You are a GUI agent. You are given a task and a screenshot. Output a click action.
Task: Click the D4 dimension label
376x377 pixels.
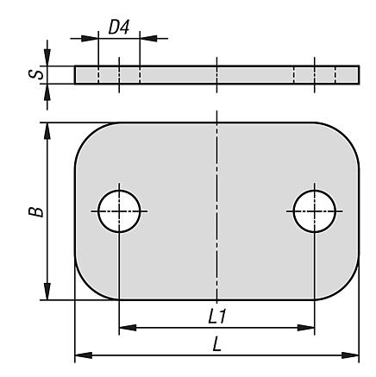coord(119,28)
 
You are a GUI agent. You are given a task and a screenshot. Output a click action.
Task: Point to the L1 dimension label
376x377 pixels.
coord(217,317)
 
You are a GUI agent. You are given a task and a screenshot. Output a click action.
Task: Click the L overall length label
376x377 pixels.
coord(217,344)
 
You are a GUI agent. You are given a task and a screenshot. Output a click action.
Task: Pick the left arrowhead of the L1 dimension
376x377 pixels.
coord(128,328)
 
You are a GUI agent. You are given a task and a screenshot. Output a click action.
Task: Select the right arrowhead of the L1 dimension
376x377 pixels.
coord(306,328)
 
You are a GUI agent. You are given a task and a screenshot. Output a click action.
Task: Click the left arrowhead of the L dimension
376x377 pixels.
coord(84,355)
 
